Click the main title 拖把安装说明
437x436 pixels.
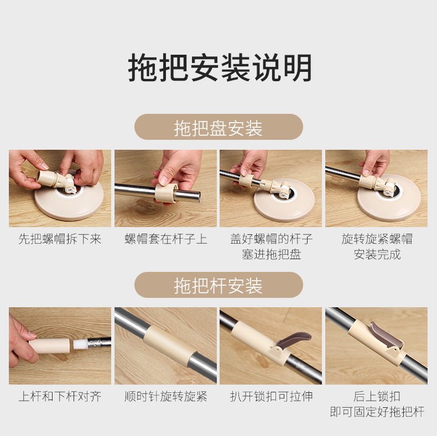[x=220, y=67]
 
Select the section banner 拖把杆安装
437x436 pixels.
[x=218, y=285]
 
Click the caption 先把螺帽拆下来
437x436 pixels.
[x=60, y=239]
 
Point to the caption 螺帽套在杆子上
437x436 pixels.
[x=166, y=239]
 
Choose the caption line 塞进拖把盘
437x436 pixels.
[x=272, y=254]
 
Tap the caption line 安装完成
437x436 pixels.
[x=377, y=254]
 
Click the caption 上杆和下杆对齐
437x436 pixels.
[x=60, y=396]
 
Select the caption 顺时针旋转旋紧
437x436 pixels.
[x=166, y=396]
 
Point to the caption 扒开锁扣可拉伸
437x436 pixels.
[x=272, y=396]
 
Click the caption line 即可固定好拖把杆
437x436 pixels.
[x=377, y=412]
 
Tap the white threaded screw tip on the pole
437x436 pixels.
[x=80, y=344]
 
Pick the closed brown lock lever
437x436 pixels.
[x=386, y=335]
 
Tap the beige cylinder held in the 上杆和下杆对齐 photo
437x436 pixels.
[x=49, y=345]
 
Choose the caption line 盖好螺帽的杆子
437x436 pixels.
[x=272, y=239]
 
